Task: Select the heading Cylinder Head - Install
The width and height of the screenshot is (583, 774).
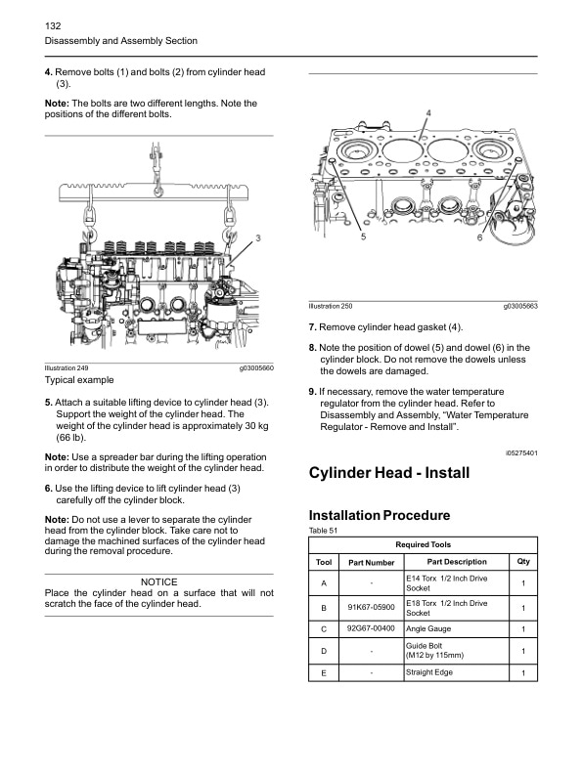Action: (x=388, y=473)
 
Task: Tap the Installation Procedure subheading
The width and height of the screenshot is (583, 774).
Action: (x=379, y=515)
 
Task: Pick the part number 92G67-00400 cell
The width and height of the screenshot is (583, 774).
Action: (x=371, y=628)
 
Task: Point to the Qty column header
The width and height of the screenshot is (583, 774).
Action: (x=522, y=562)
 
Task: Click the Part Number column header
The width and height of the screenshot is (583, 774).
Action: (x=371, y=563)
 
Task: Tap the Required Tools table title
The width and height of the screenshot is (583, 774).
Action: (x=423, y=544)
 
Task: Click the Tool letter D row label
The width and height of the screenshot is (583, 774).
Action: (x=323, y=651)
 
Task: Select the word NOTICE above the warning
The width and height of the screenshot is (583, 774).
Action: (x=158, y=582)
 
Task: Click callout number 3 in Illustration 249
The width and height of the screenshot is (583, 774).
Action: (x=257, y=237)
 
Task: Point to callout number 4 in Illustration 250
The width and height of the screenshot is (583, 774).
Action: (x=428, y=113)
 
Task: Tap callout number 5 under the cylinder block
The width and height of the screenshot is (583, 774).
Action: (x=363, y=237)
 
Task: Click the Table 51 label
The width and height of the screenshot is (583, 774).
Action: (x=322, y=531)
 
